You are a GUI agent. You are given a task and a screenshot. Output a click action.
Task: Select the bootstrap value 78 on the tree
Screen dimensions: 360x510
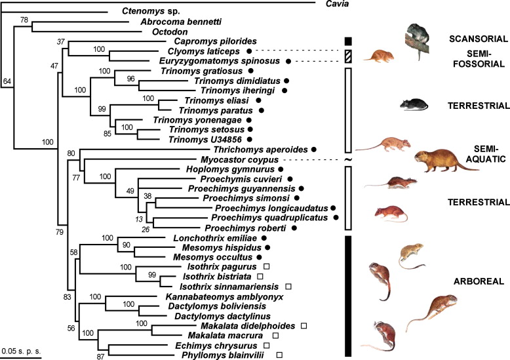26,21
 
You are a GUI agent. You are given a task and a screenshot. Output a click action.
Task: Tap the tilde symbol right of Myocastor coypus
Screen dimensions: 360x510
347,160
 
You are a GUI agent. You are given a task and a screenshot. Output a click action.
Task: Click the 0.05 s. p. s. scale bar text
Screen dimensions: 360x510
22,344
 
